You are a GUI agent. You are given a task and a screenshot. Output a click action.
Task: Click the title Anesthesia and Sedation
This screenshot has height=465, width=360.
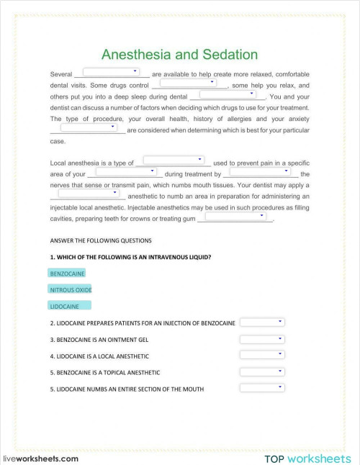coord(179,55)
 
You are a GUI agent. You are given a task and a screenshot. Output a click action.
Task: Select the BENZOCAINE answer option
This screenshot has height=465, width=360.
coord(67,274)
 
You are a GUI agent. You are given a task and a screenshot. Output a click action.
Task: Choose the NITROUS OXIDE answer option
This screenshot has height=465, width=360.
coord(71,289)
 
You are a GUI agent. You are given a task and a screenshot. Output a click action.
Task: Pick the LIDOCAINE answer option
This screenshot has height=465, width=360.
coord(64,305)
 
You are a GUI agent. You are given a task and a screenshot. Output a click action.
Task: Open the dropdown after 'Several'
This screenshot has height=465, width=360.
coord(112,71)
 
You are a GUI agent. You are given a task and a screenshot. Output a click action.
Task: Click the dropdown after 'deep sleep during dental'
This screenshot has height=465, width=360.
coord(228,94)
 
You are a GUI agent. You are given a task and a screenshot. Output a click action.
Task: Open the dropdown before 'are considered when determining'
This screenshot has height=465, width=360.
coord(89,127)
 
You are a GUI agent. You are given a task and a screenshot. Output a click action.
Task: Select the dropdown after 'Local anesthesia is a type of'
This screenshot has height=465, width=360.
coord(173,160)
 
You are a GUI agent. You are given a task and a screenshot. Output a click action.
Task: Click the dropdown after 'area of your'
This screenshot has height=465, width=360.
coord(126,171)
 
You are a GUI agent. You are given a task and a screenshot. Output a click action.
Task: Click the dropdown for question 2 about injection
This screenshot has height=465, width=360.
coord(262,322)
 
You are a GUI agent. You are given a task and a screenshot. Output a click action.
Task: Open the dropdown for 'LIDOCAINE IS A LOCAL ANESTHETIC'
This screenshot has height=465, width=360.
coord(262,355)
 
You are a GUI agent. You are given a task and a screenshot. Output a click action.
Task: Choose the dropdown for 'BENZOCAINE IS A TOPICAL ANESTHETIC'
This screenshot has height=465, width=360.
coord(262,371)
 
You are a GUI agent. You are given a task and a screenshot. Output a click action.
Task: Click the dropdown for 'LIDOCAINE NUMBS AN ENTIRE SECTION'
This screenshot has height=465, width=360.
coord(262,388)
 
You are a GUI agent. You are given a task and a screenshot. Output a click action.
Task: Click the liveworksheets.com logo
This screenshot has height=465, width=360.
coord(41,458)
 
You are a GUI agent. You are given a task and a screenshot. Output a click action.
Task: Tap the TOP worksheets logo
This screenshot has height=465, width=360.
coord(307,458)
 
